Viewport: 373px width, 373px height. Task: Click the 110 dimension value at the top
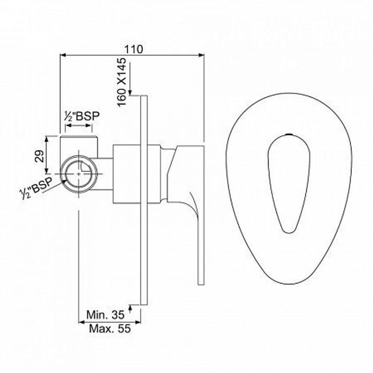pyautogui.click(x=134, y=49)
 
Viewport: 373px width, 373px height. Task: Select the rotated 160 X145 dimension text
pyautogui.click(x=122, y=82)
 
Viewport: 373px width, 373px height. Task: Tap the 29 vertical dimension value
pyautogui.click(x=40, y=156)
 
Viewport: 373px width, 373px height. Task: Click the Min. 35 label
pyautogui.click(x=106, y=314)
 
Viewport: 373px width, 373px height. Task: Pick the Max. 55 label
pyautogui.click(x=110, y=329)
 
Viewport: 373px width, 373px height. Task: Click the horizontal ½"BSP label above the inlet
pyautogui.click(x=82, y=116)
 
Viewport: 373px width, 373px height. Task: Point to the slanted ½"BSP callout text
pyautogui.click(x=36, y=188)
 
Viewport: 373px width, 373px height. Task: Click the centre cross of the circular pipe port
pyautogui.click(x=79, y=174)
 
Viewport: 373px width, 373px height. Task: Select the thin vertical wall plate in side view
pyautogui.click(x=144, y=200)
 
